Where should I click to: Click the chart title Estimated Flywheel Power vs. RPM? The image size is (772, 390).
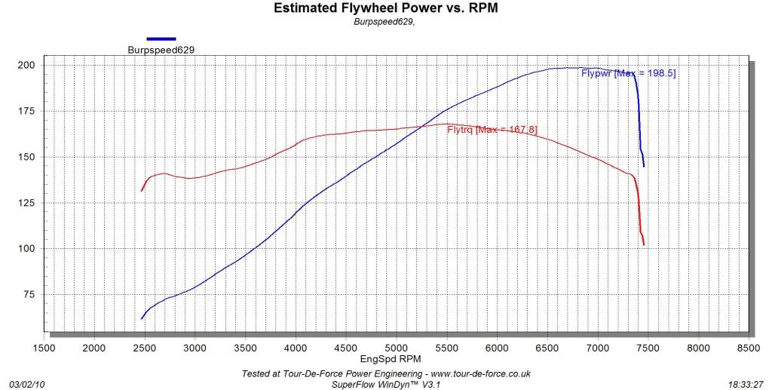385,8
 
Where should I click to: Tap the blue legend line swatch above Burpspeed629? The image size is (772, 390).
161,38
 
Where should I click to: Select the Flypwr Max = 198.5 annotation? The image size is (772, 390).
628,73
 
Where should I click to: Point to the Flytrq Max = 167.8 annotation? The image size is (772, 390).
492,130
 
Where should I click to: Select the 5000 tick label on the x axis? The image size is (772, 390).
397,348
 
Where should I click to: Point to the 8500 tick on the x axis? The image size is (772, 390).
749,348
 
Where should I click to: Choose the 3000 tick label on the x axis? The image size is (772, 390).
195,348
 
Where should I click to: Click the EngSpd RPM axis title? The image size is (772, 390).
385,360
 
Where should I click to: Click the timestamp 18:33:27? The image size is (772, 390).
747,384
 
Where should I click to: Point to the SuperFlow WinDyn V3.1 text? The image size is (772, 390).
385,384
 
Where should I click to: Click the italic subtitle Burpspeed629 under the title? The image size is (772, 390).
384,21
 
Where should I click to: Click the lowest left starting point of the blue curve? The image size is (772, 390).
141,319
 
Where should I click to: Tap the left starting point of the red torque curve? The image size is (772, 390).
141,191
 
